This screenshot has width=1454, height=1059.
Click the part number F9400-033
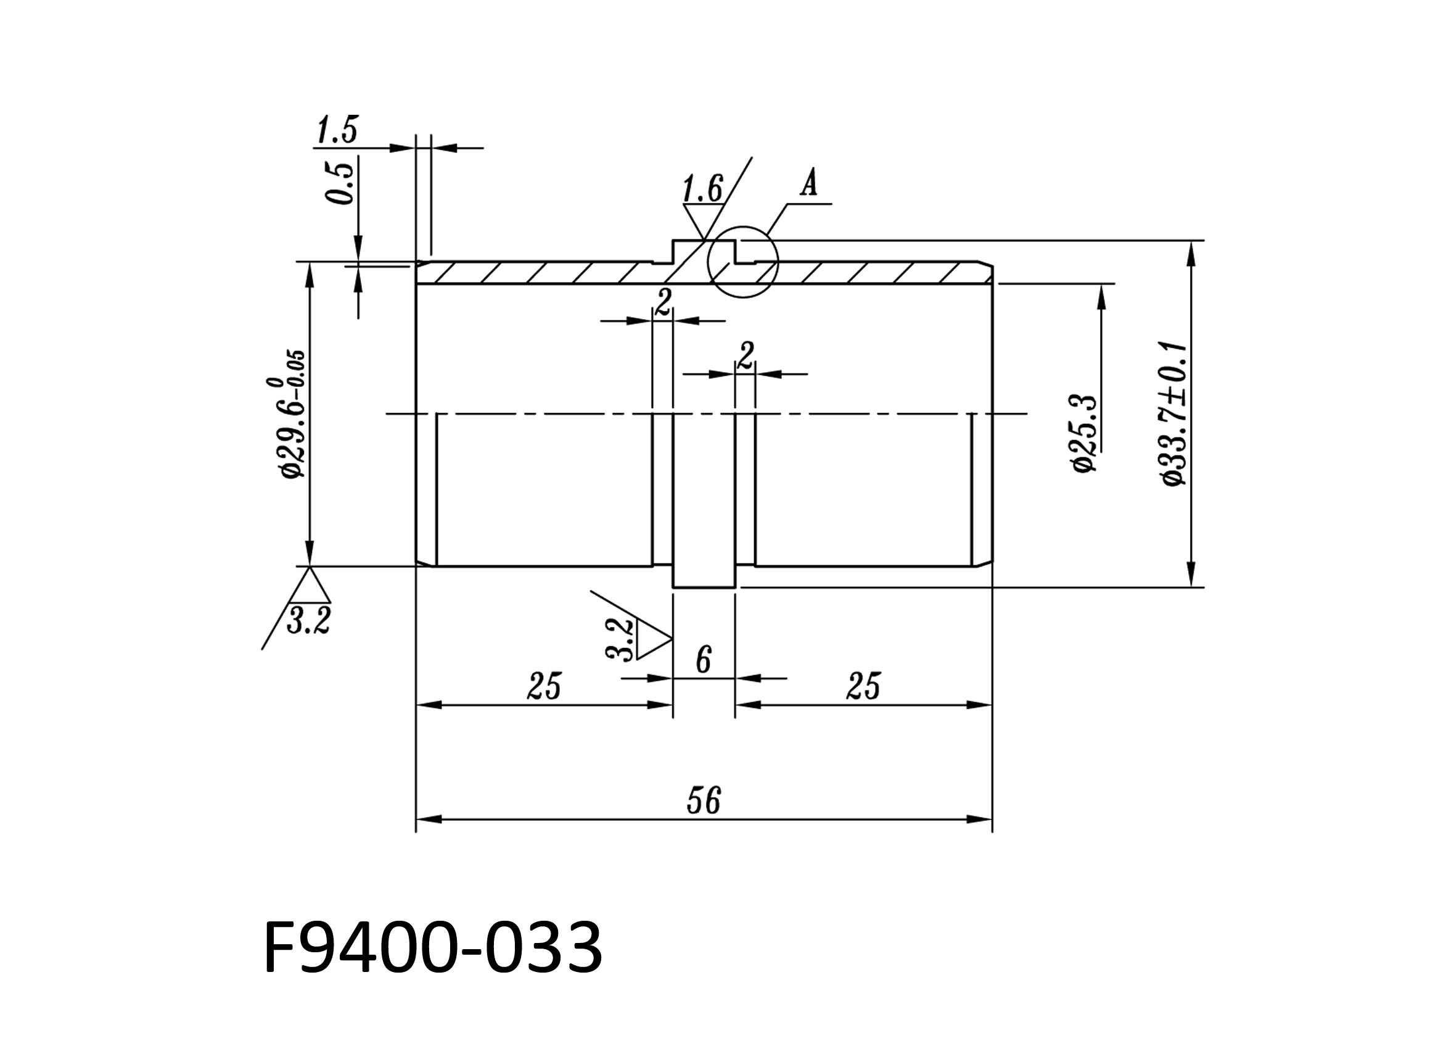[x=433, y=948]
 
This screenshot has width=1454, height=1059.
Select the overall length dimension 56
[x=704, y=800]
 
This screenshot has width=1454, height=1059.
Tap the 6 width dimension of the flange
[x=704, y=659]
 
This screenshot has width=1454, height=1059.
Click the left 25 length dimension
[x=544, y=686]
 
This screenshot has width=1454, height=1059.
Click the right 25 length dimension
[x=863, y=686]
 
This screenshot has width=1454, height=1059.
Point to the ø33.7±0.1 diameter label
[x=1175, y=413]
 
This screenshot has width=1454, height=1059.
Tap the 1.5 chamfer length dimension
[x=337, y=130]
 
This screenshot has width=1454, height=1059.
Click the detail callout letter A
[x=809, y=185]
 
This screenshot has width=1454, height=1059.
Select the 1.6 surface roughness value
[x=701, y=190]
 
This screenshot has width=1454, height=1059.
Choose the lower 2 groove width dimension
[x=745, y=355]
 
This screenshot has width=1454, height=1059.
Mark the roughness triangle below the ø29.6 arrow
[x=310, y=585]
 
